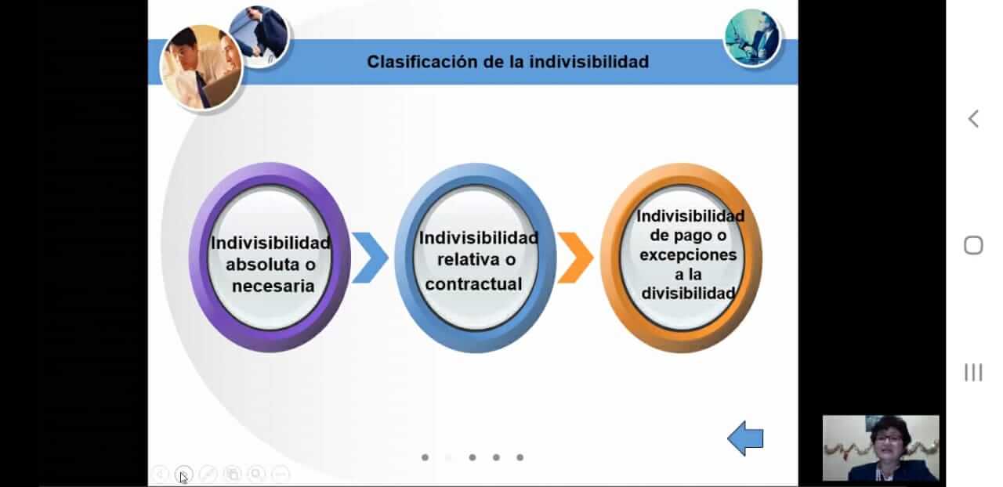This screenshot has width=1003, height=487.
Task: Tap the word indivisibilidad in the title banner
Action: tap(588, 62)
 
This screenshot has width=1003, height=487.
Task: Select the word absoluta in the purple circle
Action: tap(263, 264)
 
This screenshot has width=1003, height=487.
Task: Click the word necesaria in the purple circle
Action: tap(273, 286)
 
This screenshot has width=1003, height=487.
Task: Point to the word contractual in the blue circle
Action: tap(473, 283)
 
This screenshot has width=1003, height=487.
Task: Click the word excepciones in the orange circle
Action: tap(688, 255)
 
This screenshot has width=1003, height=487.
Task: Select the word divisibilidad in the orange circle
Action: tap(688, 294)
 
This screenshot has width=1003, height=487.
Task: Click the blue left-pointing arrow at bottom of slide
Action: tap(745, 438)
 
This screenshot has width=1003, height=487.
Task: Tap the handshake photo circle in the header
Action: tap(259, 37)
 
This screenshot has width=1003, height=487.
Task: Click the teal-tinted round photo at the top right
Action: tap(752, 38)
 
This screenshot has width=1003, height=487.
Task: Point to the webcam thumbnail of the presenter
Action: tap(881, 449)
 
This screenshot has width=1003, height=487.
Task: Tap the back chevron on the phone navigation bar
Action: tap(972, 119)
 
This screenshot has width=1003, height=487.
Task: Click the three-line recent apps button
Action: tap(973, 373)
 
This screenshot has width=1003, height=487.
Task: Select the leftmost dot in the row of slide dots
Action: tap(425, 457)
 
